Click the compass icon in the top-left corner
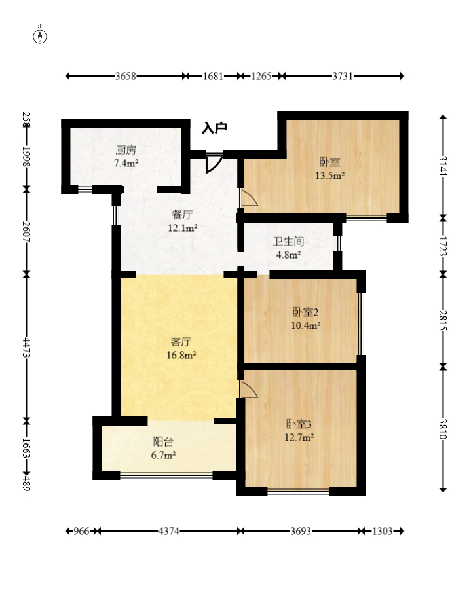point(40,37)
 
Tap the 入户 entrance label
point(214,128)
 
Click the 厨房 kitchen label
point(126,150)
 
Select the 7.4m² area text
point(126,163)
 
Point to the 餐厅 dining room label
point(182,215)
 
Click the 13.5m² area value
point(330,175)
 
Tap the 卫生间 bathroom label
point(288,242)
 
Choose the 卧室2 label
point(305,312)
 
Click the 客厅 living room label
point(181,342)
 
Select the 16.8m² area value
point(181,355)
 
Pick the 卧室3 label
point(299,424)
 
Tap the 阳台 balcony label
point(164,442)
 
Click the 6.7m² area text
point(164,455)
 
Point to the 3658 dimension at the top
point(126,76)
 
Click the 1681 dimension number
point(213,76)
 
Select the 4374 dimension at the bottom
point(169,531)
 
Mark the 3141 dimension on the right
point(443,166)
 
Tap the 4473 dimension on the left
point(26,347)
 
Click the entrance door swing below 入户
point(214,163)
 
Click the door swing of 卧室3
point(249,389)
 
